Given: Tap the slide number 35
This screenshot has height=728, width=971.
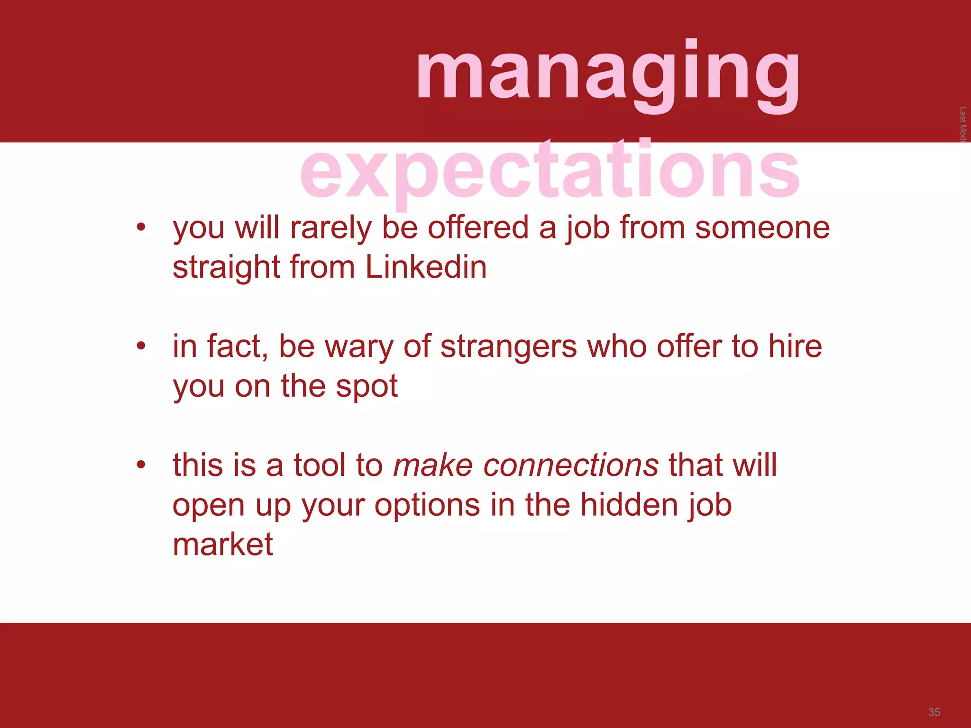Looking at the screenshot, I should (x=934, y=712).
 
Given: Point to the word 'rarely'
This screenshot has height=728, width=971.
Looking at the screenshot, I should (x=330, y=228).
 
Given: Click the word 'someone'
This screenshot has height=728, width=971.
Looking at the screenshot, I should (x=762, y=228).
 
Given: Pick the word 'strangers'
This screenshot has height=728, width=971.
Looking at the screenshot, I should (x=508, y=346).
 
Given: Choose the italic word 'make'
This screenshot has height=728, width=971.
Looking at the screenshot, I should (x=433, y=465).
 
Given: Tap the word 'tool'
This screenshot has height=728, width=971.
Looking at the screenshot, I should (x=319, y=465).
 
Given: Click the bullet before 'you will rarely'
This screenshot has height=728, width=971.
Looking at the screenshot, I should (x=140, y=227).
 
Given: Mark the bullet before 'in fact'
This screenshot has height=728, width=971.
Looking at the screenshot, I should (x=140, y=346).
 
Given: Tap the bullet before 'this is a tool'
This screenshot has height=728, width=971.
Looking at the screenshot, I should (x=140, y=464).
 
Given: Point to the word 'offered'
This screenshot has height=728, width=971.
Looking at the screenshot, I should (x=478, y=228).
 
